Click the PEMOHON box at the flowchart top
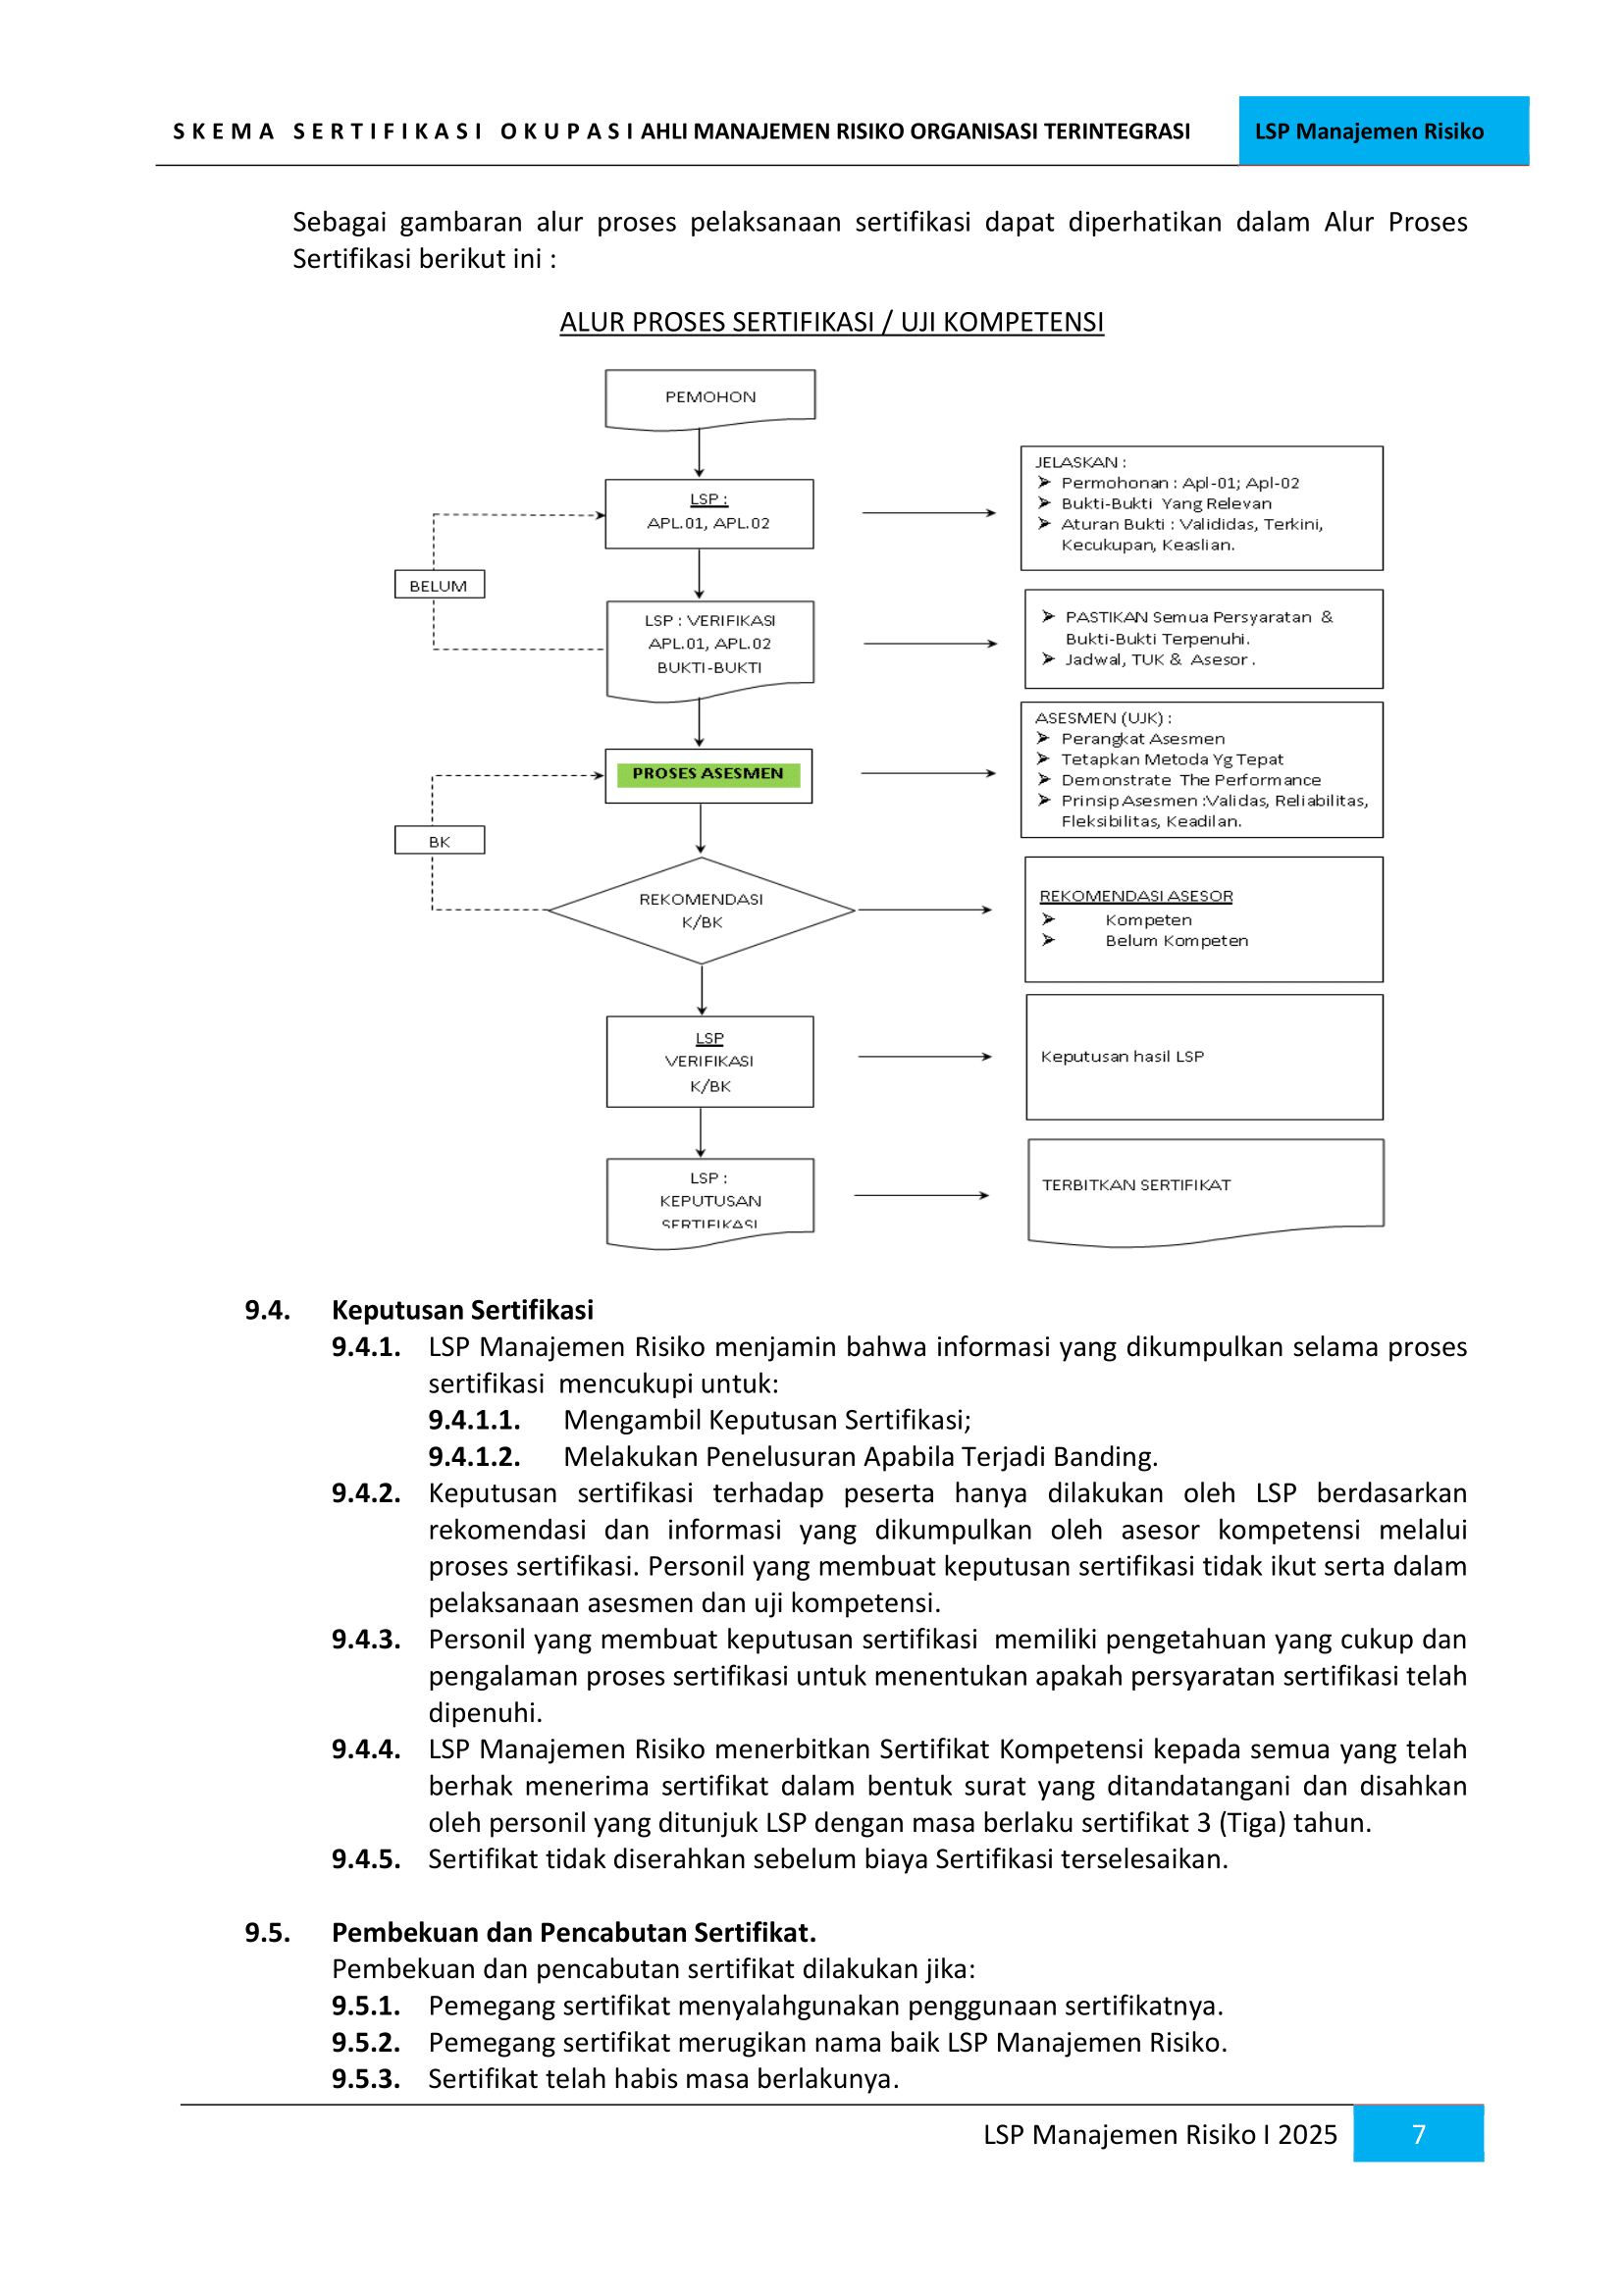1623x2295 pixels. pyautogui.click(x=709, y=397)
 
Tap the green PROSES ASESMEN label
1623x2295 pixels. pyautogui.click(x=707, y=773)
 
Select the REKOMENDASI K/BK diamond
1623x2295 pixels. pyautogui.click(x=701, y=910)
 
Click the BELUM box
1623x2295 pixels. pyautogui.click(x=439, y=586)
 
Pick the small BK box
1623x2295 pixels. pyautogui.click(x=439, y=842)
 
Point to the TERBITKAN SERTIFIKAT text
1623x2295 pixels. pyautogui.click(x=1135, y=1185)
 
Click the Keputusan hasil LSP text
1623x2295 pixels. pyautogui.click(x=1122, y=1057)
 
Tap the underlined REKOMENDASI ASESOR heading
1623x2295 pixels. pyautogui.click(x=1135, y=897)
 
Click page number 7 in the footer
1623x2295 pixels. pyautogui.click(x=1418, y=2134)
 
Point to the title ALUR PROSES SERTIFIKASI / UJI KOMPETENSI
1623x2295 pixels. pyautogui.click(x=831, y=323)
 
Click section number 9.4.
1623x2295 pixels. pyautogui.click(x=267, y=1311)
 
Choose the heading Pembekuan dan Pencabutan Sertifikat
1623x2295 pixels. pyautogui.click(x=574, y=1932)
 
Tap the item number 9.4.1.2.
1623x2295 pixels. pyautogui.click(x=474, y=1456)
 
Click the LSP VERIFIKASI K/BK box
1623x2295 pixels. pyautogui.click(x=709, y=1062)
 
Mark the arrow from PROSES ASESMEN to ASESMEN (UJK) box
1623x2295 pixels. pyautogui.click(x=927, y=773)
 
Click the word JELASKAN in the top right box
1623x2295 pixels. pyautogui.click(x=1076, y=463)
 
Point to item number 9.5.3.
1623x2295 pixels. pyautogui.click(x=366, y=2079)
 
